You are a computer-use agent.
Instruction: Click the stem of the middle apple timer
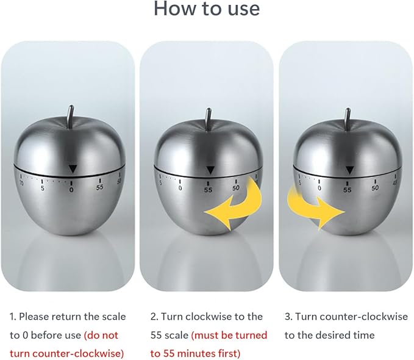(209, 118)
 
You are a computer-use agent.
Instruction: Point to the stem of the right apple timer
(348, 118)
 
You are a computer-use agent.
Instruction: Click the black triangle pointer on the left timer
(73, 169)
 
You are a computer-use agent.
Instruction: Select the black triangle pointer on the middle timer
(210, 170)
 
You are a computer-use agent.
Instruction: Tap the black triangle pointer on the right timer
(350, 170)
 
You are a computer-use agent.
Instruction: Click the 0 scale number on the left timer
(71, 190)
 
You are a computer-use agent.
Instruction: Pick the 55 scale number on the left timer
(99, 187)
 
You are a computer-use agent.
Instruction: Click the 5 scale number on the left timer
(43, 189)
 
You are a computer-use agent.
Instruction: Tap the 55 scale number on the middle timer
(208, 190)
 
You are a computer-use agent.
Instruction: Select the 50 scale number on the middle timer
(236, 188)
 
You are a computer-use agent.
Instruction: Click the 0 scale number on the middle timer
(180, 188)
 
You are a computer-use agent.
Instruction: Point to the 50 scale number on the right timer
(375, 188)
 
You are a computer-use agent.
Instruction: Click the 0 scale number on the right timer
(319, 188)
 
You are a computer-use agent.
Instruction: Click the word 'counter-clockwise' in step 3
(365, 317)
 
